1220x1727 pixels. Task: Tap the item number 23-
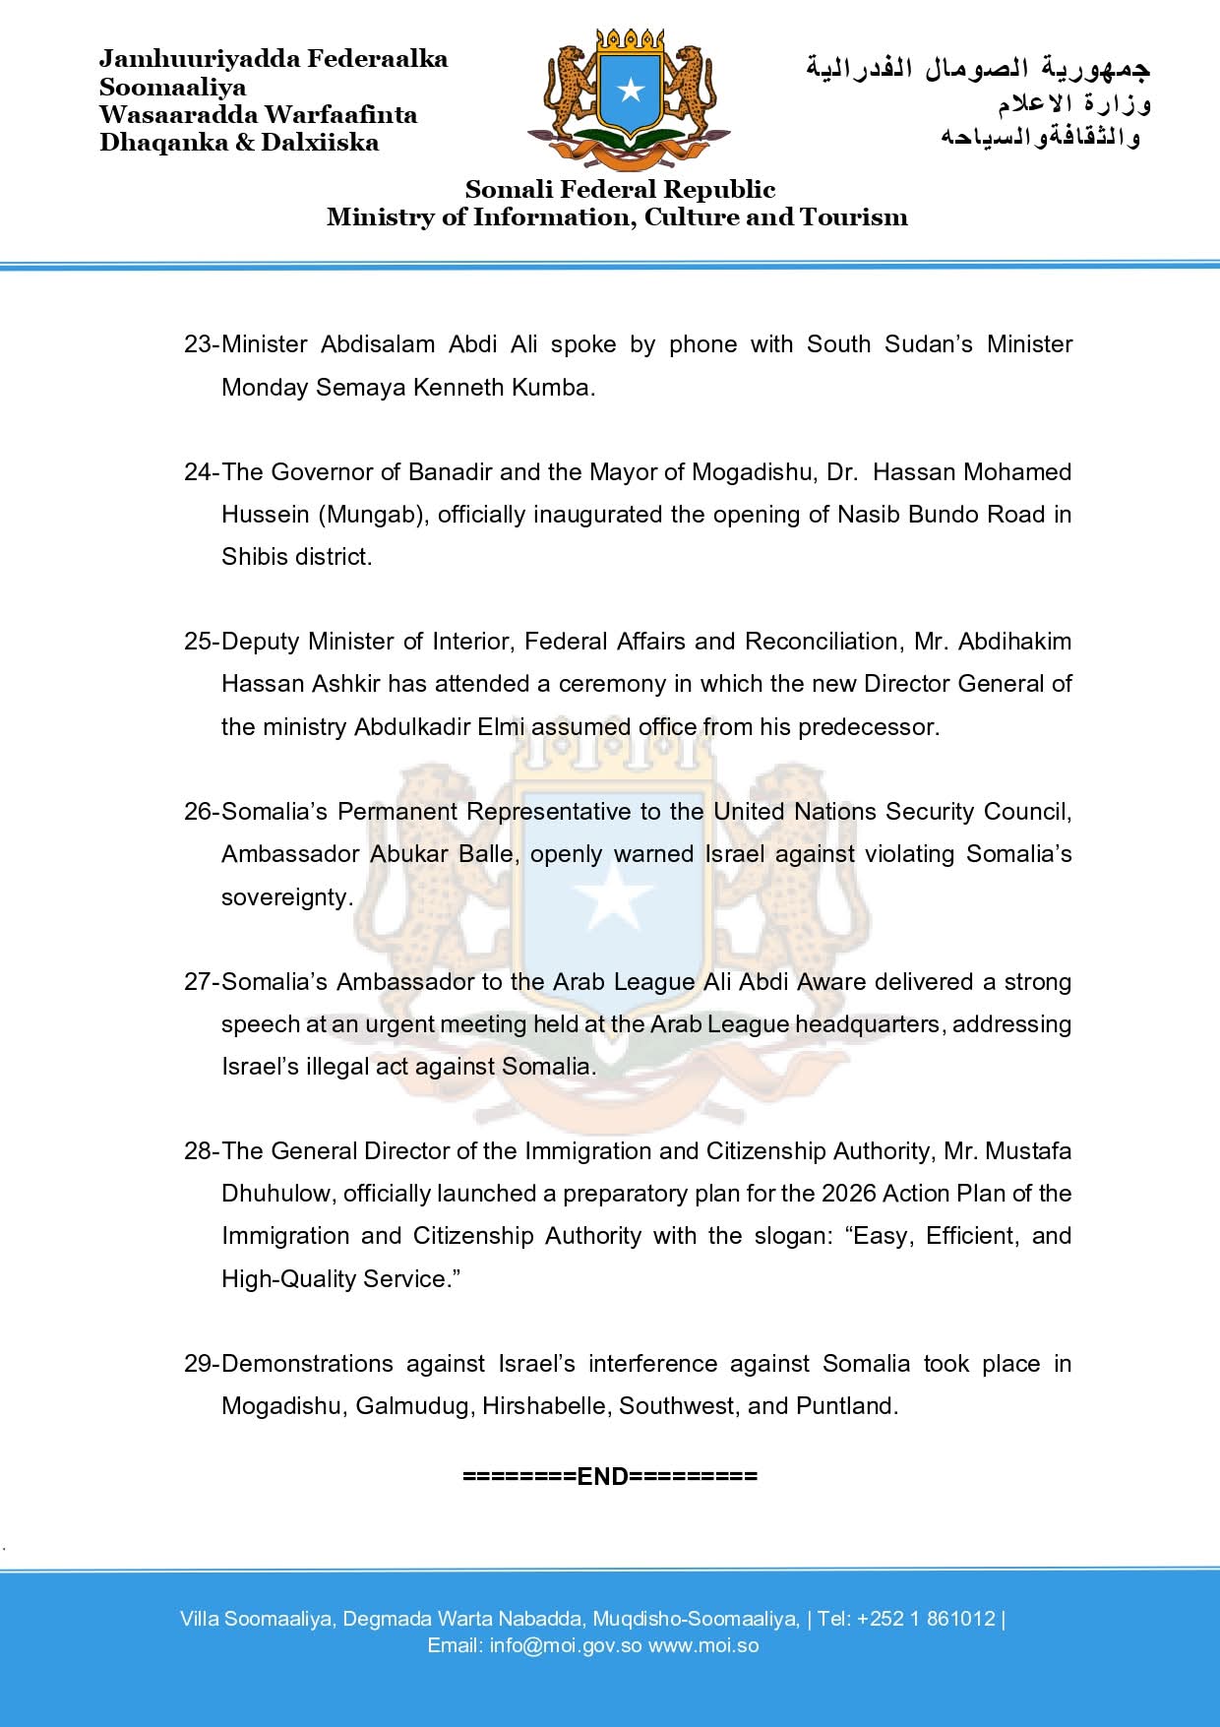point(201,344)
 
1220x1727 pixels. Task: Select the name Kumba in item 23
point(562,387)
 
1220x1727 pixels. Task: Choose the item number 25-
point(201,642)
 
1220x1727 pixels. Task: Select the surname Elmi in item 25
point(503,727)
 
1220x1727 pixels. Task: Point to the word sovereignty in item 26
point(285,897)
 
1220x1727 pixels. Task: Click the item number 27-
point(201,982)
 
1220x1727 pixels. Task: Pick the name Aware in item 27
point(831,982)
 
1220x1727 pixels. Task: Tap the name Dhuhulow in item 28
point(275,1194)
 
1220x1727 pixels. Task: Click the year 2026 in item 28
point(848,1194)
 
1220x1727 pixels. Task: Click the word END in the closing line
point(602,1476)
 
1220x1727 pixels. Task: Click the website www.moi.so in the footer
point(703,1645)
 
